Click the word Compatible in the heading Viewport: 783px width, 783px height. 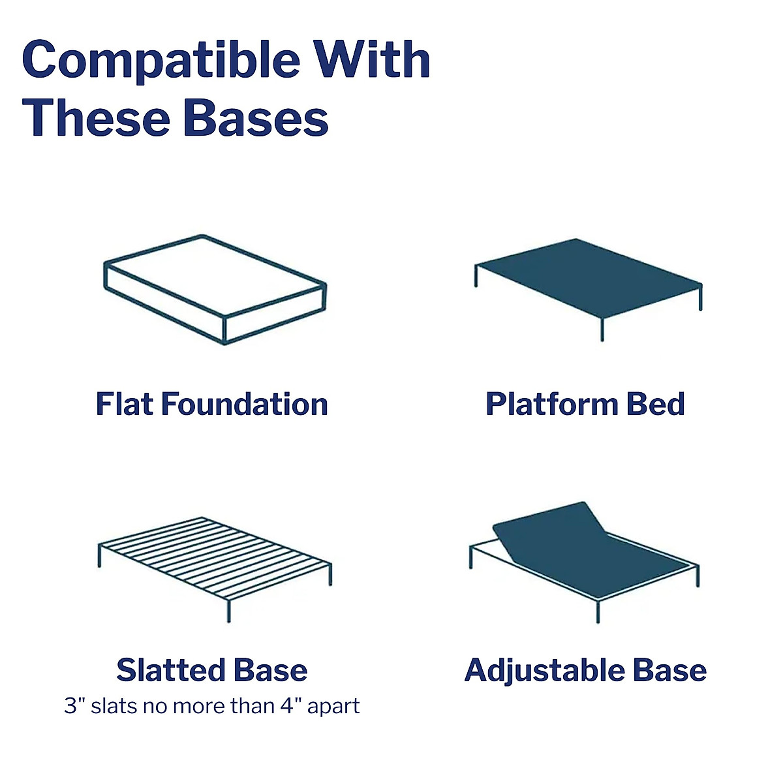[161, 61]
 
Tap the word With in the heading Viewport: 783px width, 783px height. [373, 59]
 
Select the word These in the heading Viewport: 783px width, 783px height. [95, 117]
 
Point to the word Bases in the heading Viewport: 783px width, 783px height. [256, 117]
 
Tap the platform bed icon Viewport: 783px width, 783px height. [588, 289]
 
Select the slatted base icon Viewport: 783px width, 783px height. [215, 569]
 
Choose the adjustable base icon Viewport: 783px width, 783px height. [584, 562]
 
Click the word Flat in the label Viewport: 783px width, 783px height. [125, 405]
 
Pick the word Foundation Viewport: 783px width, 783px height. [245, 405]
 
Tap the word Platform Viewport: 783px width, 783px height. [552, 405]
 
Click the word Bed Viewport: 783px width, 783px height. [656, 405]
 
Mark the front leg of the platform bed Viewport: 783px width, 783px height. [602, 329]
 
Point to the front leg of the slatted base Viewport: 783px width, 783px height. [229, 611]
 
